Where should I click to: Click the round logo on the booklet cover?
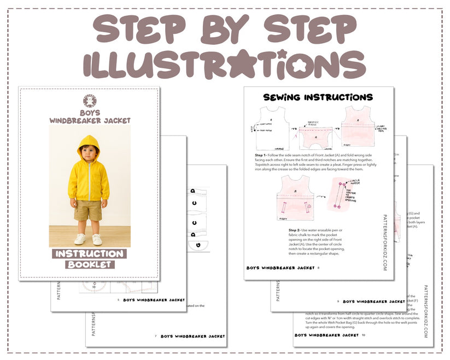point(90,101)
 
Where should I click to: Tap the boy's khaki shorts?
point(88,210)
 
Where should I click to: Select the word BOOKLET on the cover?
point(90,265)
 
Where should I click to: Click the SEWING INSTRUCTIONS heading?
point(318,97)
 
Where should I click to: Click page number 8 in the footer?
point(319,268)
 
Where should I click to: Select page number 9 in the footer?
point(338,301)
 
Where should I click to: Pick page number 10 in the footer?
point(363,335)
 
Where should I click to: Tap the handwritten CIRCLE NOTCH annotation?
point(355,181)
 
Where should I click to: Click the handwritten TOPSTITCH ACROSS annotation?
point(313,124)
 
